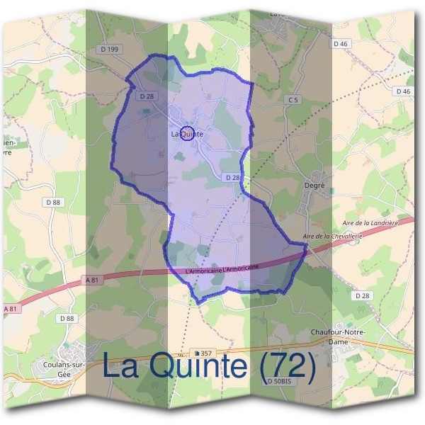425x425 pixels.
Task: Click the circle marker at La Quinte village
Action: tap(187, 132)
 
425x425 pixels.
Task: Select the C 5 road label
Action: tap(293, 101)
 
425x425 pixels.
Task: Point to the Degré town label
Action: tap(313, 185)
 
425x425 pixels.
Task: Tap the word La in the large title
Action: tap(120, 366)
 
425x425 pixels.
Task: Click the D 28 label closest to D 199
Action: tap(147, 96)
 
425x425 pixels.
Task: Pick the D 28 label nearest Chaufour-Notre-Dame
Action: tap(361, 295)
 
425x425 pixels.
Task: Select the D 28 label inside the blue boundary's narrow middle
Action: tap(232, 177)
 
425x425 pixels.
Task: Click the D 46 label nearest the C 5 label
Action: tap(341, 44)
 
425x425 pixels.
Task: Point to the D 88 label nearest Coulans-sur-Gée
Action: tap(67, 319)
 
